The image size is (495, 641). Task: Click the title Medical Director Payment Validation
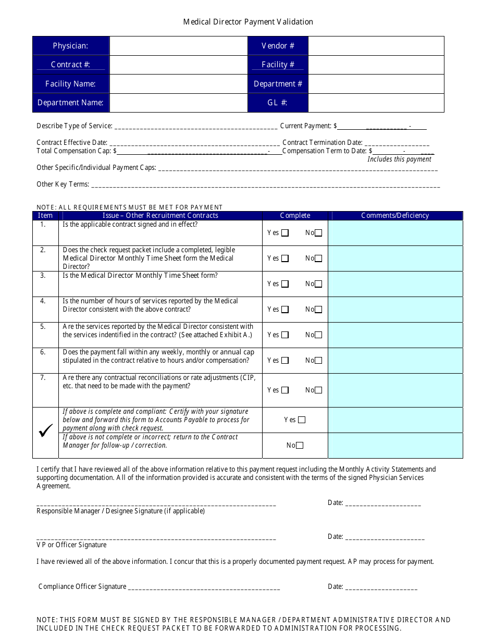(x=248, y=22)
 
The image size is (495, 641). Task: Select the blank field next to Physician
(x=178, y=46)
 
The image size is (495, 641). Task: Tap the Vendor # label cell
(x=278, y=46)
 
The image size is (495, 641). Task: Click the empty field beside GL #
(x=376, y=103)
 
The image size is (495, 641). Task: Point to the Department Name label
(x=70, y=103)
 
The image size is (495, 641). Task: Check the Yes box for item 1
(x=285, y=233)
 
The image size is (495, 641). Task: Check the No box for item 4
(x=318, y=310)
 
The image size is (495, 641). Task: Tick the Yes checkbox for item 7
(x=285, y=390)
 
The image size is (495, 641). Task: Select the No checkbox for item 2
(x=318, y=258)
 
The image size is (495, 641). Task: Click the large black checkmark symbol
(x=46, y=431)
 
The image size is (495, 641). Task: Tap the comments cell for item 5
(x=395, y=335)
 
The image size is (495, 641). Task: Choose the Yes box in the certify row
(x=302, y=420)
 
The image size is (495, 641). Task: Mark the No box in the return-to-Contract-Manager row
(x=300, y=446)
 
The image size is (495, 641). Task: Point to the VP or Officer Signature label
(x=71, y=545)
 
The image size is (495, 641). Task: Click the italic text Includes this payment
(x=399, y=159)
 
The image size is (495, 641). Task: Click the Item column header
(x=45, y=215)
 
